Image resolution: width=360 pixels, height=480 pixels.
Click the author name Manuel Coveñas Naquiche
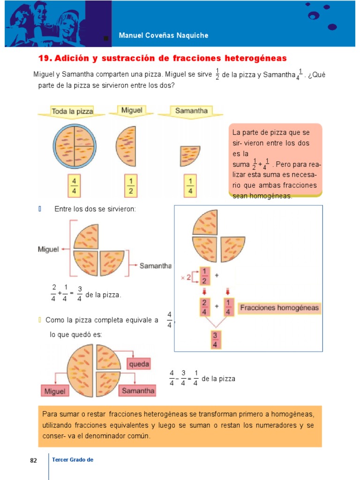(x=164, y=36)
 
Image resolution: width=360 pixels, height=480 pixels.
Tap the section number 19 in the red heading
(x=45, y=59)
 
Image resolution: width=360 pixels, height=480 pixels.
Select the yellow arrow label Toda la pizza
(x=72, y=112)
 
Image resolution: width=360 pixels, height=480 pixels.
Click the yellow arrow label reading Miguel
(x=132, y=111)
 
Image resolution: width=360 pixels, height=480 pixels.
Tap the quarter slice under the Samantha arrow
(x=190, y=156)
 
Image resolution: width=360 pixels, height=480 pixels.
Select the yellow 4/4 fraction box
(x=75, y=186)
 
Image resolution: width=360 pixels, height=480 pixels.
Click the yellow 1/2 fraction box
(x=131, y=186)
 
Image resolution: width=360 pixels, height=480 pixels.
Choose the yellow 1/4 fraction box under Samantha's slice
(x=190, y=186)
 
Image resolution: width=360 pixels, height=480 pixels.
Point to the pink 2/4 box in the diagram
(x=204, y=307)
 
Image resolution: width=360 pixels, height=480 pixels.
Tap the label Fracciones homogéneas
(x=279, y=308)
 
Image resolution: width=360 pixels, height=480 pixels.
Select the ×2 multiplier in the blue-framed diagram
(x=186, y=277)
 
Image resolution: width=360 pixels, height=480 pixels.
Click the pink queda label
(x=139, y=364)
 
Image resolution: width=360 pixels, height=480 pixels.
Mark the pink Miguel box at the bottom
(x=55, y=391)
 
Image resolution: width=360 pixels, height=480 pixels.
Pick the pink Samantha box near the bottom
(x=138, y=390)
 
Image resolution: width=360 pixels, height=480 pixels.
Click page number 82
(x=33, y=461)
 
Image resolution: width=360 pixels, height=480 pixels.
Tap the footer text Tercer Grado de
(x=73, y=460)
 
